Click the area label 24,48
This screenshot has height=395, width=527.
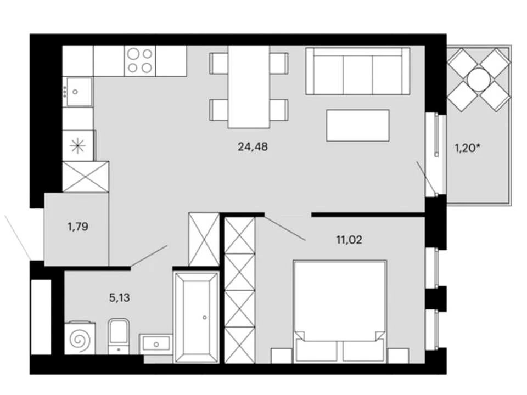click(x=253, y=147)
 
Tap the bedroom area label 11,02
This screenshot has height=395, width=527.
click(x=349, y=240)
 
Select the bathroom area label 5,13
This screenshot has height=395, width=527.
click(x=120, y=297)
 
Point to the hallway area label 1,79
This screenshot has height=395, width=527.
click(x=77, y=227)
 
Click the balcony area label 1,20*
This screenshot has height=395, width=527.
click(x=467, y=147)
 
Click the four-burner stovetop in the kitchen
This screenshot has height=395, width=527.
click(x=140, y=61)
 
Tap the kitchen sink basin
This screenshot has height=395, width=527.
click(x=79, y=92)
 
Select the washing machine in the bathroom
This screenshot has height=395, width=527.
click(x=80, y=338)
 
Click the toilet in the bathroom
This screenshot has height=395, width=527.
click(x=119, y=336)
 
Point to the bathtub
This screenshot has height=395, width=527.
click(x=197, y=318)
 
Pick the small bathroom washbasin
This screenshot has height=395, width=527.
click(x=156, y=344)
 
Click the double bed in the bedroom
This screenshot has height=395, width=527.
click(x=339, y=312)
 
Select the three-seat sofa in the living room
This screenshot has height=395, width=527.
click(x=357, y=71)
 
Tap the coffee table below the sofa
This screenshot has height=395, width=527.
click(x=357, y=125)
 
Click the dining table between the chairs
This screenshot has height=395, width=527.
click(x=249, y=87)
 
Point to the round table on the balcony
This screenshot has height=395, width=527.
click(x=479, y=79)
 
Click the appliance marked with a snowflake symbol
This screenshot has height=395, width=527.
click(x=77, y=146)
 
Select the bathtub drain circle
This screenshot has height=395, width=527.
click(x=204, y=318)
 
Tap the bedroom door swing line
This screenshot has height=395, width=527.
click(x=285, y=227)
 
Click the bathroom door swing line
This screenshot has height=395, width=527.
click(x=149, y=256)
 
